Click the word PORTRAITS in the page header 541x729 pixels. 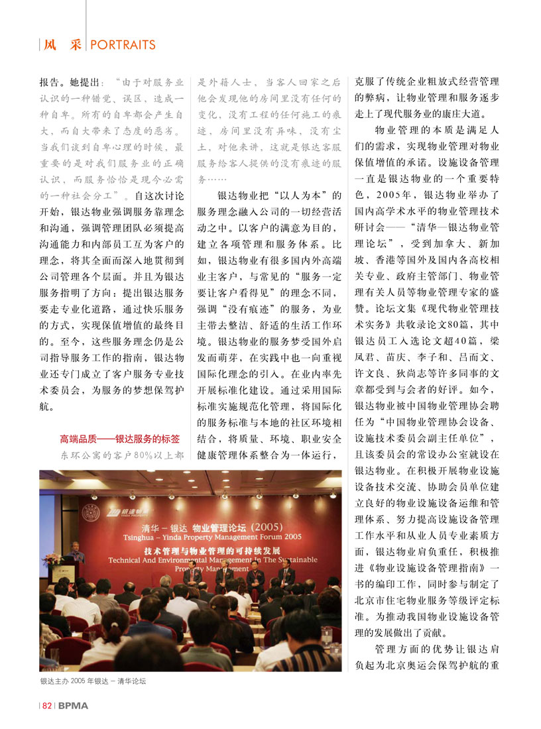tap(122, 45)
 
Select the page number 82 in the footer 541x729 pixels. tap(47, 706)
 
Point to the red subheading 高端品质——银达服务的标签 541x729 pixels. tap(119, 439)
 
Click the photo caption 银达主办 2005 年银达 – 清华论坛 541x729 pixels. tap(93, 681)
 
